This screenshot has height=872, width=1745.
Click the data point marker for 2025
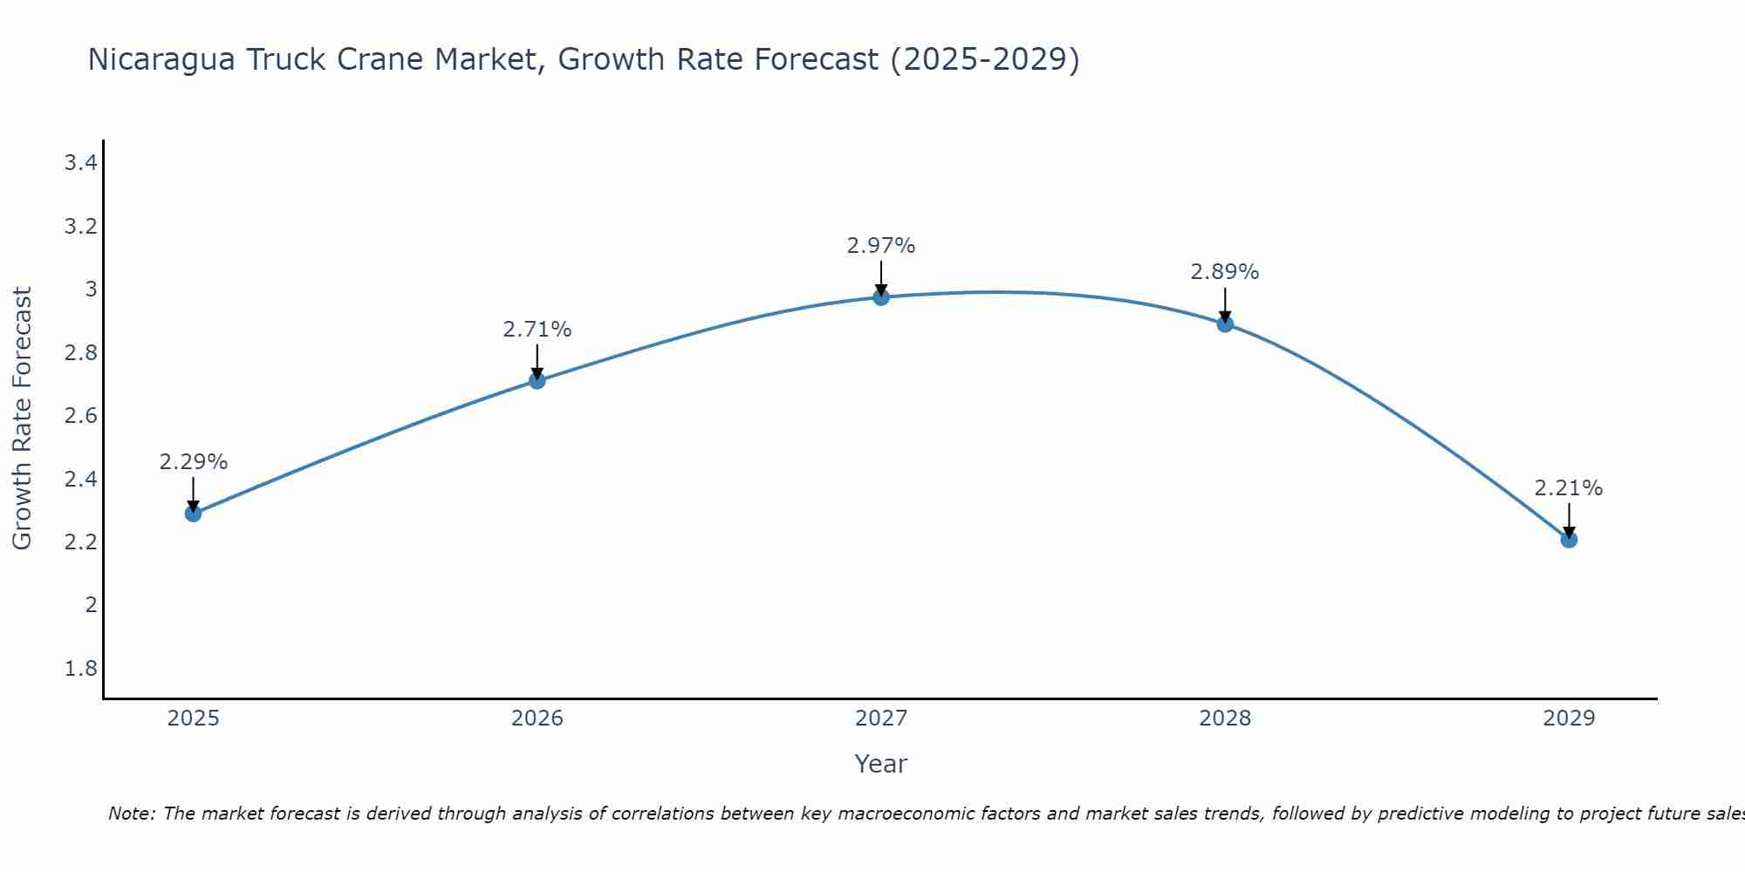[x=194, y=514]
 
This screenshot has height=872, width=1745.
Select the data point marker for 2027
[x=881, y=297]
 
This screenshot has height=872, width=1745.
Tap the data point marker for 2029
[x=1569, y=540]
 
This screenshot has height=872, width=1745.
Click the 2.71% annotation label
[x=537, y=330]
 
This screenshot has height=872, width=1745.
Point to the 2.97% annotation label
[x=881, y=246]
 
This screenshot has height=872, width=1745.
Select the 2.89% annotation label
[x=1225, y=272]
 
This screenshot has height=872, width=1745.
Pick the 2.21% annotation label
[x=1569, y=488]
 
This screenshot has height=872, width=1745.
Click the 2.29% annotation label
[x=194, y=462]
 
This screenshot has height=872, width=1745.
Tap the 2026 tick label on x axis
[x=537, y=719]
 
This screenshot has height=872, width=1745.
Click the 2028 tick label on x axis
[x=1225, y=719]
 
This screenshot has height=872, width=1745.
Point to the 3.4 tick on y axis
[x=80, y=162]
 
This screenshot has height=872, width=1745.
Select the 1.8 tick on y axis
[x=80, y=669]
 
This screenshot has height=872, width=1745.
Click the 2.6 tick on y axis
[x=80, y=416]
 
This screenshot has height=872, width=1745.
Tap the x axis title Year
[x=881, y=764]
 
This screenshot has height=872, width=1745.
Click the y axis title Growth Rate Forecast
[x=22, y=419]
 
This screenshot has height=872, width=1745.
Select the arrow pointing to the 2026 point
[x=537, y=361]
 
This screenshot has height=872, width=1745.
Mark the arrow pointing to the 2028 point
[x=1225, y=304]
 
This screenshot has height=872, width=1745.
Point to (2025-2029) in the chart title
[x=984, y=59]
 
